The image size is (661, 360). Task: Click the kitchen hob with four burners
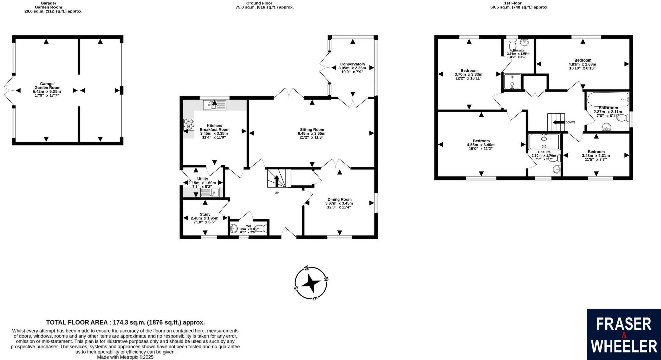click(189, 124)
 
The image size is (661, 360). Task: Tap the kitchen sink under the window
click(214, 106)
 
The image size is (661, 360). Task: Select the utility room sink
click(209, 193)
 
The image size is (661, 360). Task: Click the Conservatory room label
click(352, 64)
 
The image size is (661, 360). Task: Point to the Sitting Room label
click(312, 130)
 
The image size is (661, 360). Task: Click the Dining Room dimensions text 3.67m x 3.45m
click(339, 203)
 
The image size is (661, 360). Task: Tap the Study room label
click(205, 214)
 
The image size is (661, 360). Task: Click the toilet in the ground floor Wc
click(263, 229)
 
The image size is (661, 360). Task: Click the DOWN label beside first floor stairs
click(570, 122)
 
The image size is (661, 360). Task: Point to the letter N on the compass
click(326, 279)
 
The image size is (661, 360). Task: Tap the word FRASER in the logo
click(624, 324)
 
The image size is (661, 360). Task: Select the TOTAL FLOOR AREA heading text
click(125, 323)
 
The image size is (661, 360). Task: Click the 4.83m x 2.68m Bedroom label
click(582, 64)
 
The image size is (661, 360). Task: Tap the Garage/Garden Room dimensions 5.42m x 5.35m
click(47, 91)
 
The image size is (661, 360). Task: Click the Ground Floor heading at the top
click(259, 3)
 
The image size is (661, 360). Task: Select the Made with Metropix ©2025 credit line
click(125, 357)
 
